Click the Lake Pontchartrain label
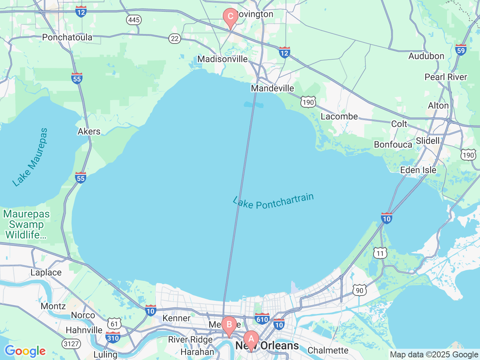[x=273, y=201]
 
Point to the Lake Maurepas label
[x=30, y=157]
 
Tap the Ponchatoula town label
[x=67, y=37]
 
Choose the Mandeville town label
[x=273, y=88]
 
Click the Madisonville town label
[x=222, y=59]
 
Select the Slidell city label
[x=427, y=141]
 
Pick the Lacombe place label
[x=339, y=116]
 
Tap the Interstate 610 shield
[x=262, y=319]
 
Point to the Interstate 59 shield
[x=460, y=50]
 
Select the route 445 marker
[x=134, y=20]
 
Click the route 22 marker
[x=174, y=38]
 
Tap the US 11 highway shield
[x=380, y=253]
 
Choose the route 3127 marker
[x=71, y=343]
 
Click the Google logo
[x=25, y=351]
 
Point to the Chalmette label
[x=328, y=350]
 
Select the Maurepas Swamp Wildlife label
[x=26, y=224]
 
